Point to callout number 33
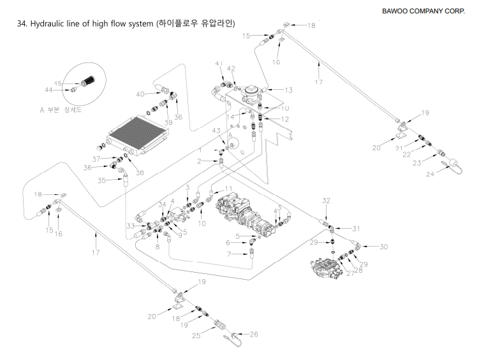[x=130, y=226]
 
